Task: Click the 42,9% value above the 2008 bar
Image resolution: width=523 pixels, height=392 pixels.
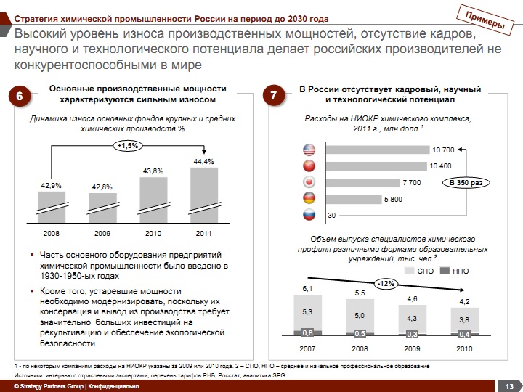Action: tap(52, 184)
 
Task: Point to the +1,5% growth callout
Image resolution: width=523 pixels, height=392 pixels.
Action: tap(128, 145)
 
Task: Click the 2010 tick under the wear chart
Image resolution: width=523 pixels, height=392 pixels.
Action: tap(153, 234)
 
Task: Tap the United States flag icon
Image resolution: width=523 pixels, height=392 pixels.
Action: tap(308, 150)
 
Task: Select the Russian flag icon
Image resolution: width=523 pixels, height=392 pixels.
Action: tap(308, 215)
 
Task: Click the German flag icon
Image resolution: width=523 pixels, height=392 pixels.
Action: tap(308, 198)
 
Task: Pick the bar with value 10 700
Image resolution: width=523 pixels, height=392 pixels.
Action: tap(378, 150)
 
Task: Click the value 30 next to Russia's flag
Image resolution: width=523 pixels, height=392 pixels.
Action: tap(331, 216)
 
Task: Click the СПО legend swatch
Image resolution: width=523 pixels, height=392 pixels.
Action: tap(410, 271)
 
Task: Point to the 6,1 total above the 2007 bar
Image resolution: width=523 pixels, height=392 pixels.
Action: tap(307, 289)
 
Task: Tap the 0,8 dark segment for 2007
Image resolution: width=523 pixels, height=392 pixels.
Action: tap(307, 333)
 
